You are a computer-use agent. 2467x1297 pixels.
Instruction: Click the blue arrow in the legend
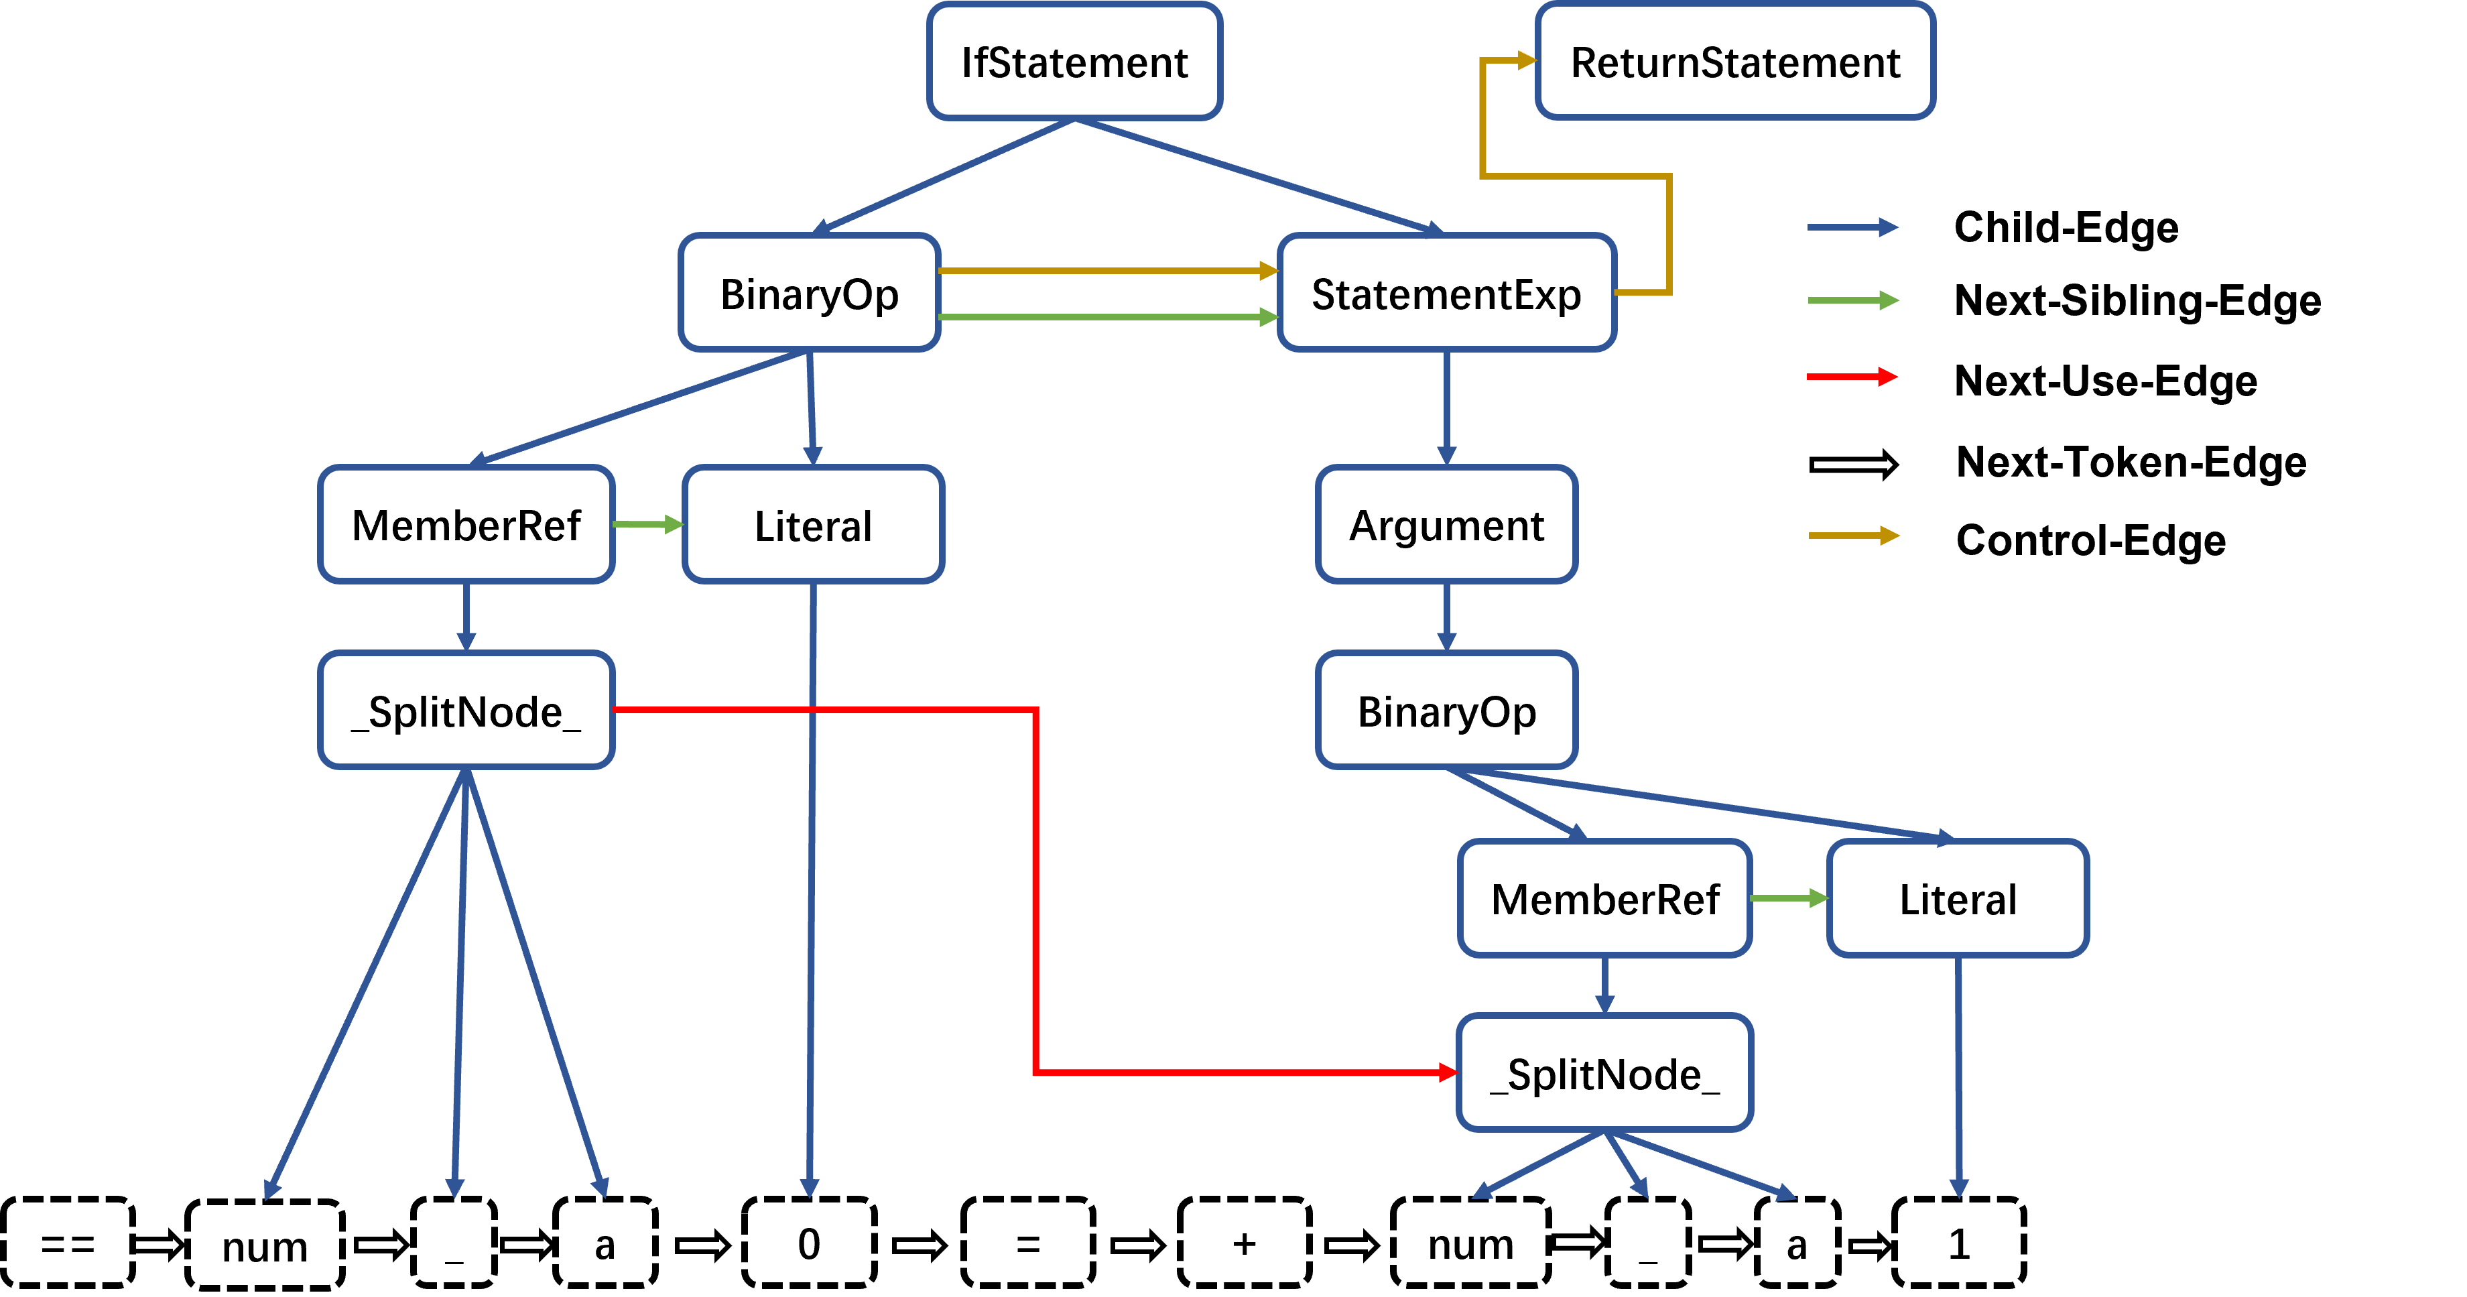1851,228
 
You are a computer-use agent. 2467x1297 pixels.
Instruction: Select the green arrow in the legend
1851,301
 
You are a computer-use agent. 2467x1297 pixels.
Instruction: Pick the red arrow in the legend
1851,377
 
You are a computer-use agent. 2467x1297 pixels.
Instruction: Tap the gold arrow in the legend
1852,536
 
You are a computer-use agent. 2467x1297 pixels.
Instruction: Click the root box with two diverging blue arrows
1074,61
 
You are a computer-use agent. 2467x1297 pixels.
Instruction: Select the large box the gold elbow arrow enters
1735,61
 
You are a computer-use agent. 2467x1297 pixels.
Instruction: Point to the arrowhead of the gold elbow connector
1527,60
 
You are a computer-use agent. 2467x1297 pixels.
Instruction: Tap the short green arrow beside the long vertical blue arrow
648,525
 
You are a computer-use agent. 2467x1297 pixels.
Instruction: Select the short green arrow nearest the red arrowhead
1789,898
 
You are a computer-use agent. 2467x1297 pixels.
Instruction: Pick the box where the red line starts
466,710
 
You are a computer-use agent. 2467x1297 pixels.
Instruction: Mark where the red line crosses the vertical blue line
812,710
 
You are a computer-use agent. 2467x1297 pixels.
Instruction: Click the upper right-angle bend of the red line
1036,711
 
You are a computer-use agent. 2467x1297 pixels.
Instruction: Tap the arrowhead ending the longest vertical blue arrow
809,1188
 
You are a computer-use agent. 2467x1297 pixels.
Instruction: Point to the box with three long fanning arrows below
466,710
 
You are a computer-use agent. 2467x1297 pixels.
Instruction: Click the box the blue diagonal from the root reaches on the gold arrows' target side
1447,292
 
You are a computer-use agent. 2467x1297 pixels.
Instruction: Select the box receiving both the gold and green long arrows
1447,292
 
